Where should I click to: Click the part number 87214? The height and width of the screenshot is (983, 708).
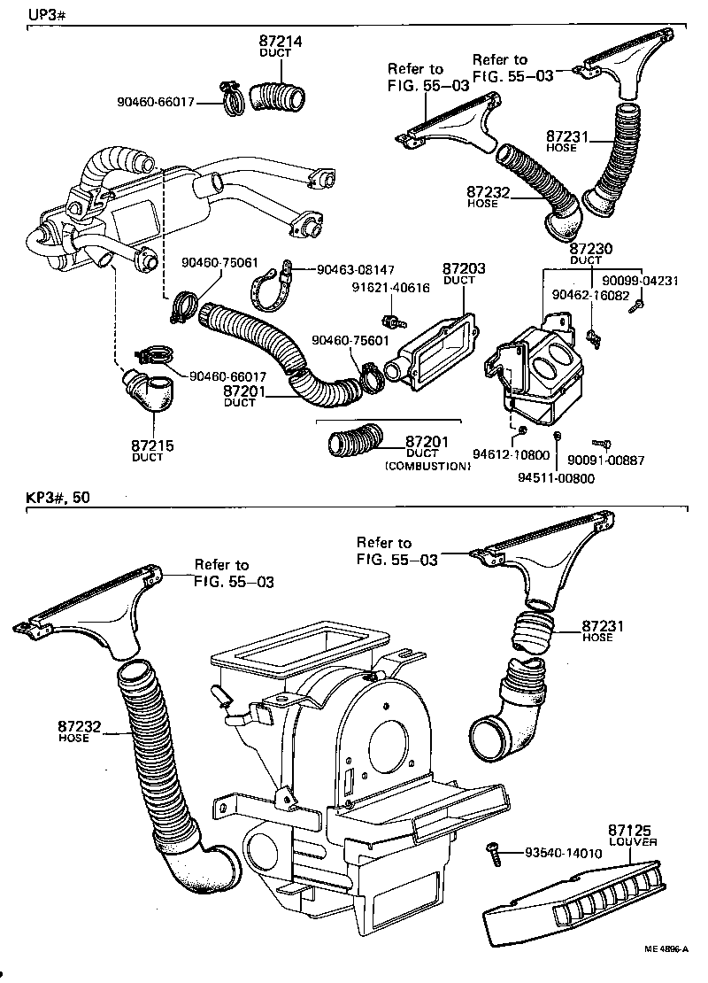[x=281, y=41]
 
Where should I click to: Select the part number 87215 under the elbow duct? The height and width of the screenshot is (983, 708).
[x=148, y=445]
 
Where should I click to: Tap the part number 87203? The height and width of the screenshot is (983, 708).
[x=459, y=268]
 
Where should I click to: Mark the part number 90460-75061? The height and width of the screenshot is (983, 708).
[x=219, y=262]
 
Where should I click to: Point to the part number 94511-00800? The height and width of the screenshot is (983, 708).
[x=556, y=478]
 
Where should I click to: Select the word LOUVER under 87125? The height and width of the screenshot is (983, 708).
[x=633, y=842]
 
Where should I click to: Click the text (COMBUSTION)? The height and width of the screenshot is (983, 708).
[x=427, y=465]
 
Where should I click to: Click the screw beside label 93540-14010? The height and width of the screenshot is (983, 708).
[x=494, y=855]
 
